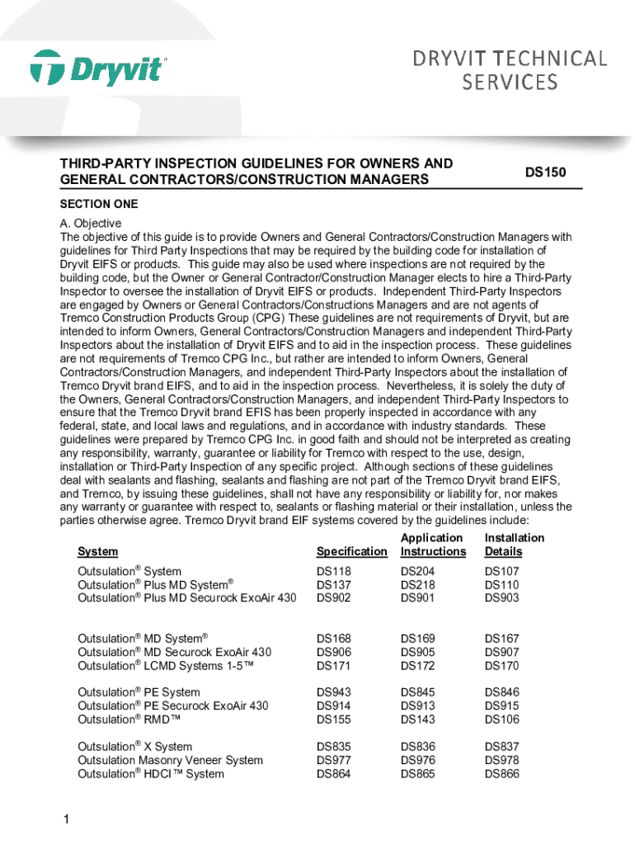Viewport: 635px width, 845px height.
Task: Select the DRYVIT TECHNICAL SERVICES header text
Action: click(510, 70)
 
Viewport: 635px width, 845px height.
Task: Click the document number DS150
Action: click(546, 172)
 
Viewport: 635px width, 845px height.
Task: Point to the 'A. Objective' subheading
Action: click(91, 224)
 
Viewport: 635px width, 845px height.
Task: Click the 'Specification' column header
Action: click(351, 551)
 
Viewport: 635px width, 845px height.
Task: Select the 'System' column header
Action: click(97, 551)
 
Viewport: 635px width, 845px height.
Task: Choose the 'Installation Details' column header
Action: click(515, 545)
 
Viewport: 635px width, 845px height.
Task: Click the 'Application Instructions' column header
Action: click(433, 545)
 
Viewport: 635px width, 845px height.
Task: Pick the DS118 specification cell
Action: click(334, 571)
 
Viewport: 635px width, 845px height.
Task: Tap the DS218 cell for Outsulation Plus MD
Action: click(418, 584)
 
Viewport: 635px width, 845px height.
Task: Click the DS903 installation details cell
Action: click(502, 597)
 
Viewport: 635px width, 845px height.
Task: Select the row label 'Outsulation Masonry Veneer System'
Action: click(170, 760)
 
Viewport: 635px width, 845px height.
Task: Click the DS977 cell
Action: click(334, 760)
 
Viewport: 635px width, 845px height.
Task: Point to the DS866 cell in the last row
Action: click(502, 773)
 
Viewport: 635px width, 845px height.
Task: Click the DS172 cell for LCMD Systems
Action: click(418, 665)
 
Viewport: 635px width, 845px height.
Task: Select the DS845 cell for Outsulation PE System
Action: click(418, 692)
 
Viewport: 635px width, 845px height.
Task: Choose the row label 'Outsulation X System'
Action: click(134, 746)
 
